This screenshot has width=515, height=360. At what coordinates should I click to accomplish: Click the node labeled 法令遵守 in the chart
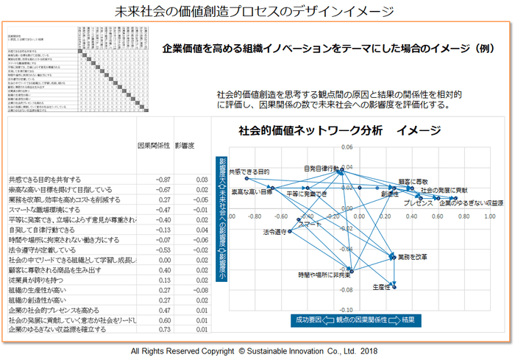tap(289, 232)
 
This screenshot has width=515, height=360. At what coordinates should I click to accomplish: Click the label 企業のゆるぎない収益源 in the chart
tap(471, 202)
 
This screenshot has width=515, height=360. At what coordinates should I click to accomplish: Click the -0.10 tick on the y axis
tap(345, 309)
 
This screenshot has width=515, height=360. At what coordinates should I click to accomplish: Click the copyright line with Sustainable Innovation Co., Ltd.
tap(255, 351)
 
